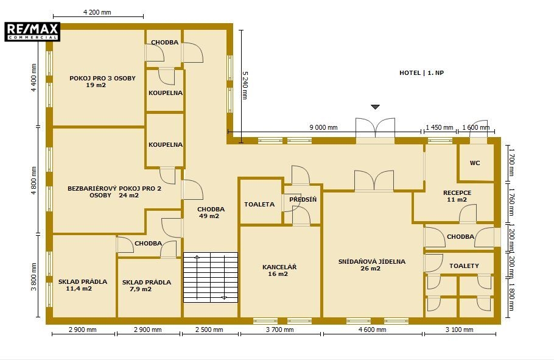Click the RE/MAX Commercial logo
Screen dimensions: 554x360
[32, 32]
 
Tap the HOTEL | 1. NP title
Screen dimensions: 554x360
[421, 73]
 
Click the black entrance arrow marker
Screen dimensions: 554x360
[375, 107]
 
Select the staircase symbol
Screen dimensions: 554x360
[211, 277]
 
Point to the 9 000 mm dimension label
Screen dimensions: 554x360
[323, 127]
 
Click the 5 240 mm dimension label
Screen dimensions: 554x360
[245, 85]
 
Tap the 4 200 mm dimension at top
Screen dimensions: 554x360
[97, 12]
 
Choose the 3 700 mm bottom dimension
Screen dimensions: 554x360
[280, 330]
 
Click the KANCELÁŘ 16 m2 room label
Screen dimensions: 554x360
[279, 270]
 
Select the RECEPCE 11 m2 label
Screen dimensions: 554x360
[457, 196]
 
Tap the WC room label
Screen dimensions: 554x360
[475, 163]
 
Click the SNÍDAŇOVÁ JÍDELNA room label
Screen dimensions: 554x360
[372, 265]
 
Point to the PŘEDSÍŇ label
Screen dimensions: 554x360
[303, 199]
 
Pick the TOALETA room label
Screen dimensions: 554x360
[259, 205]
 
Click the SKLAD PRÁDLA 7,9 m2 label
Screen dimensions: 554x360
[146, 286]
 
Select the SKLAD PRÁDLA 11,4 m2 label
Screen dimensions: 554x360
[83, 285]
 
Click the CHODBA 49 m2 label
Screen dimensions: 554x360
[211, 213]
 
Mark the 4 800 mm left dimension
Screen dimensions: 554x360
[34, 180]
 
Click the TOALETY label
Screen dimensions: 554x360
[464, 266]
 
